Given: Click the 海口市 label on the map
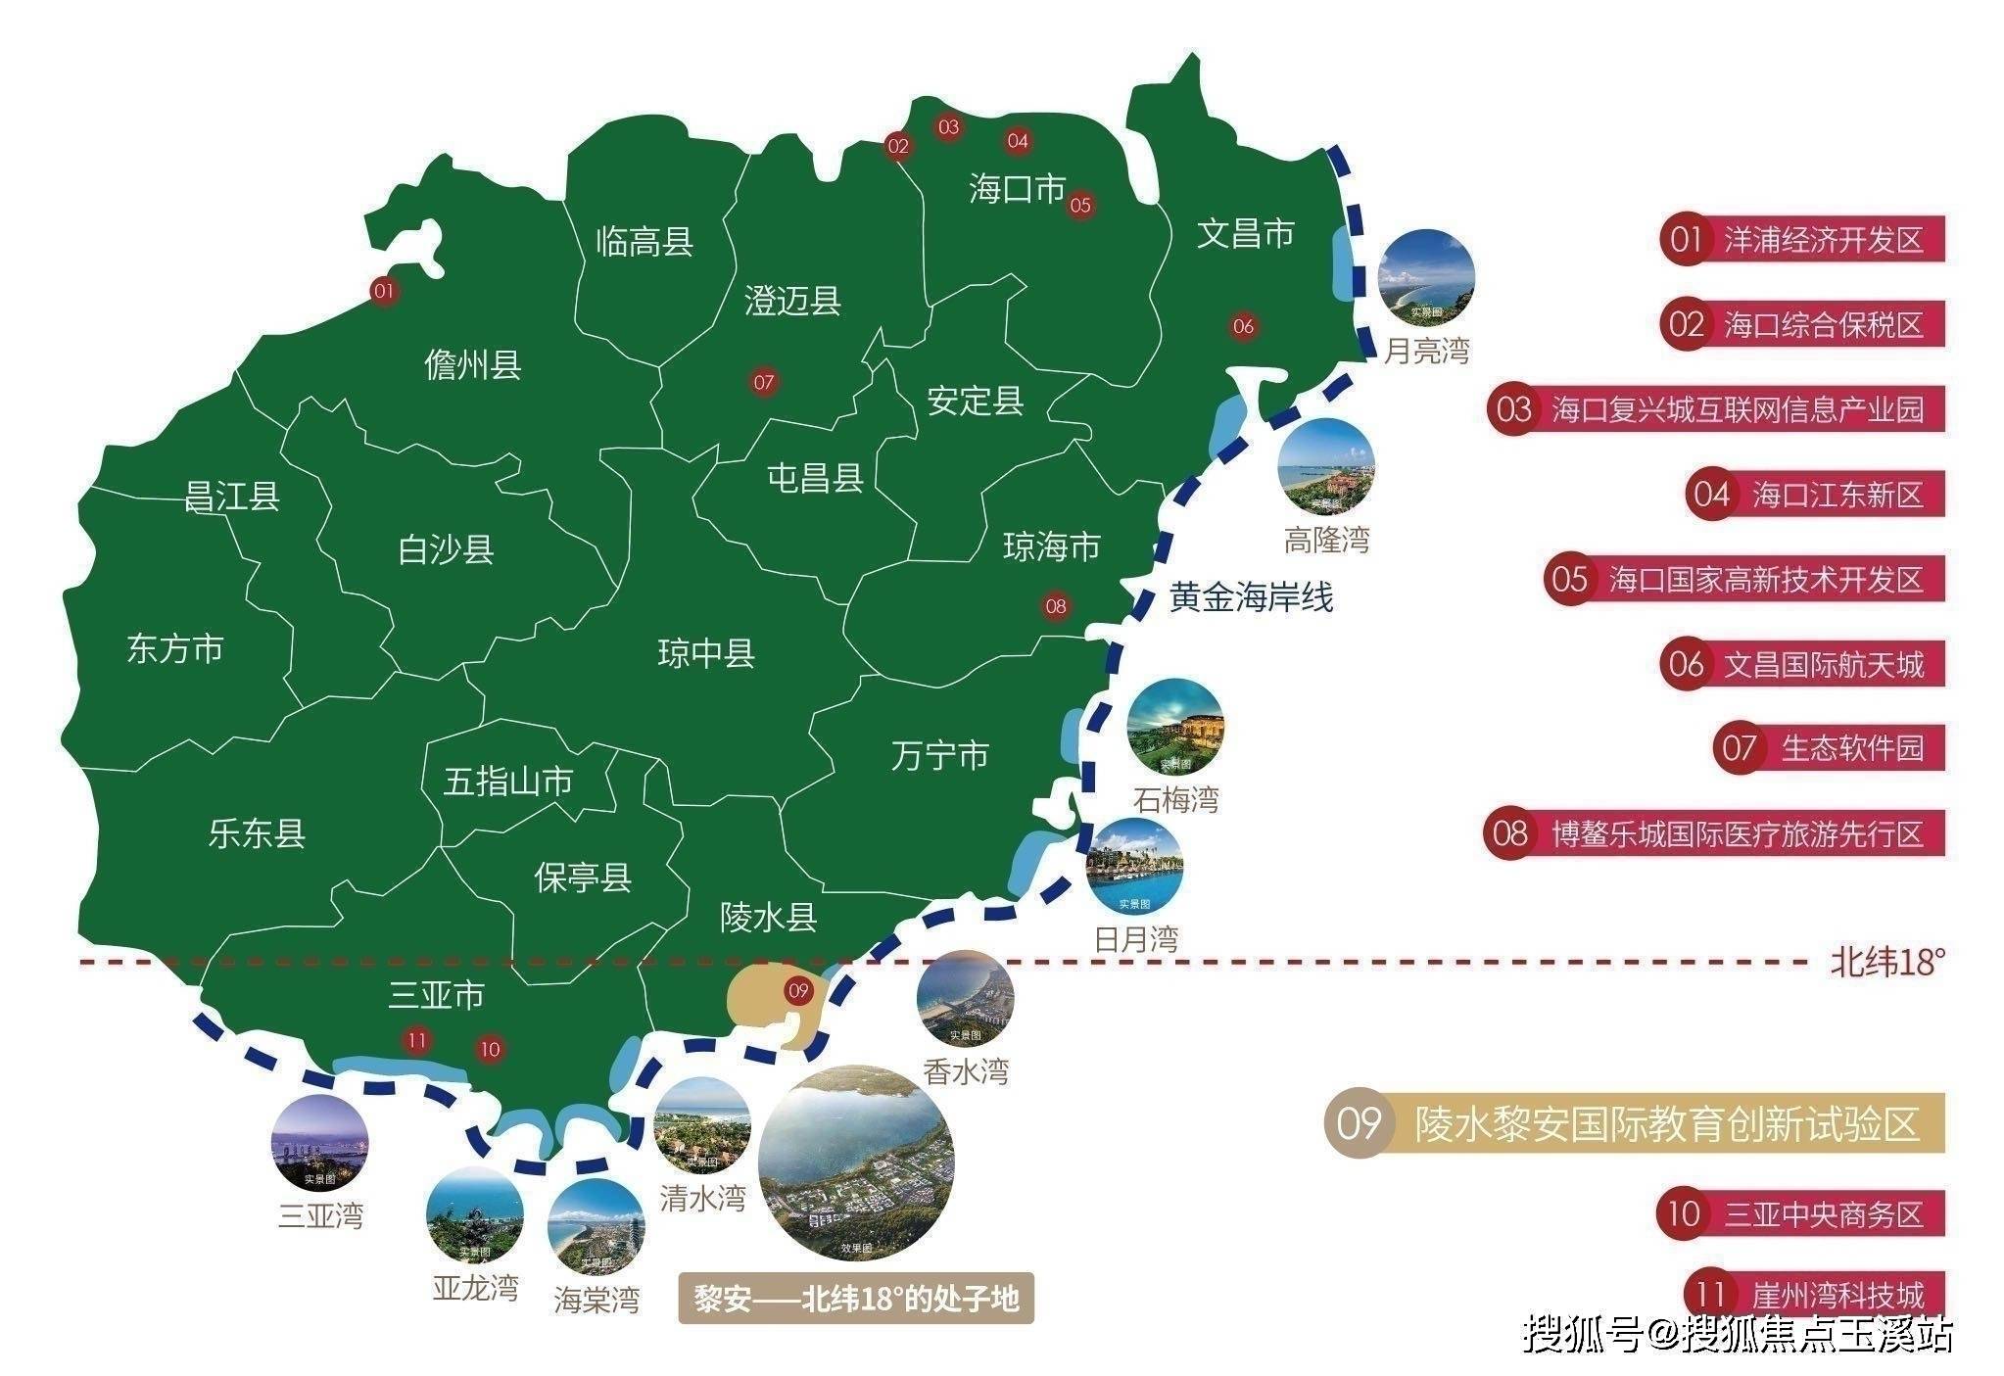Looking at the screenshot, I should (1017, 188).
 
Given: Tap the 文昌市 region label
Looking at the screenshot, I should (1246, 233).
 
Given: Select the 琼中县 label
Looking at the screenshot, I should (706, 653).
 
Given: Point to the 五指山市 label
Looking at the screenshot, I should (508, 782).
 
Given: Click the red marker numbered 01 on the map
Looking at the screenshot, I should (383, 291).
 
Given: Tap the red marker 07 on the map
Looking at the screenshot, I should (764, 382).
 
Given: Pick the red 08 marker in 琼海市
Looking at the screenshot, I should (1055, 606).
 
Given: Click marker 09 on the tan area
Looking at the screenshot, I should (798, 990).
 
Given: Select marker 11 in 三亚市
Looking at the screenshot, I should (418, 1040).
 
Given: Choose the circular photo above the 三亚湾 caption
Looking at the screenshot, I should (320, 1144).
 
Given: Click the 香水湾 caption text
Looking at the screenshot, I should (965, 1071).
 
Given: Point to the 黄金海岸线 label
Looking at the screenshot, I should (1251, 596).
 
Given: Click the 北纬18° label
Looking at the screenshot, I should (1886, 963).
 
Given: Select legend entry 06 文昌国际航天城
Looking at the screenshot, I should (1802, 664).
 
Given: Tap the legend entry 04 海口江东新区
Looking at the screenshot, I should (1815, 495).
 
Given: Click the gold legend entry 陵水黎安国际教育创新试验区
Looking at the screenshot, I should (1634, 1123).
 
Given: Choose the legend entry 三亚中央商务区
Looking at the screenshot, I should (1800, 1214).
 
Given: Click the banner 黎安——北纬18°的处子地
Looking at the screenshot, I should (856, 1300).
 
